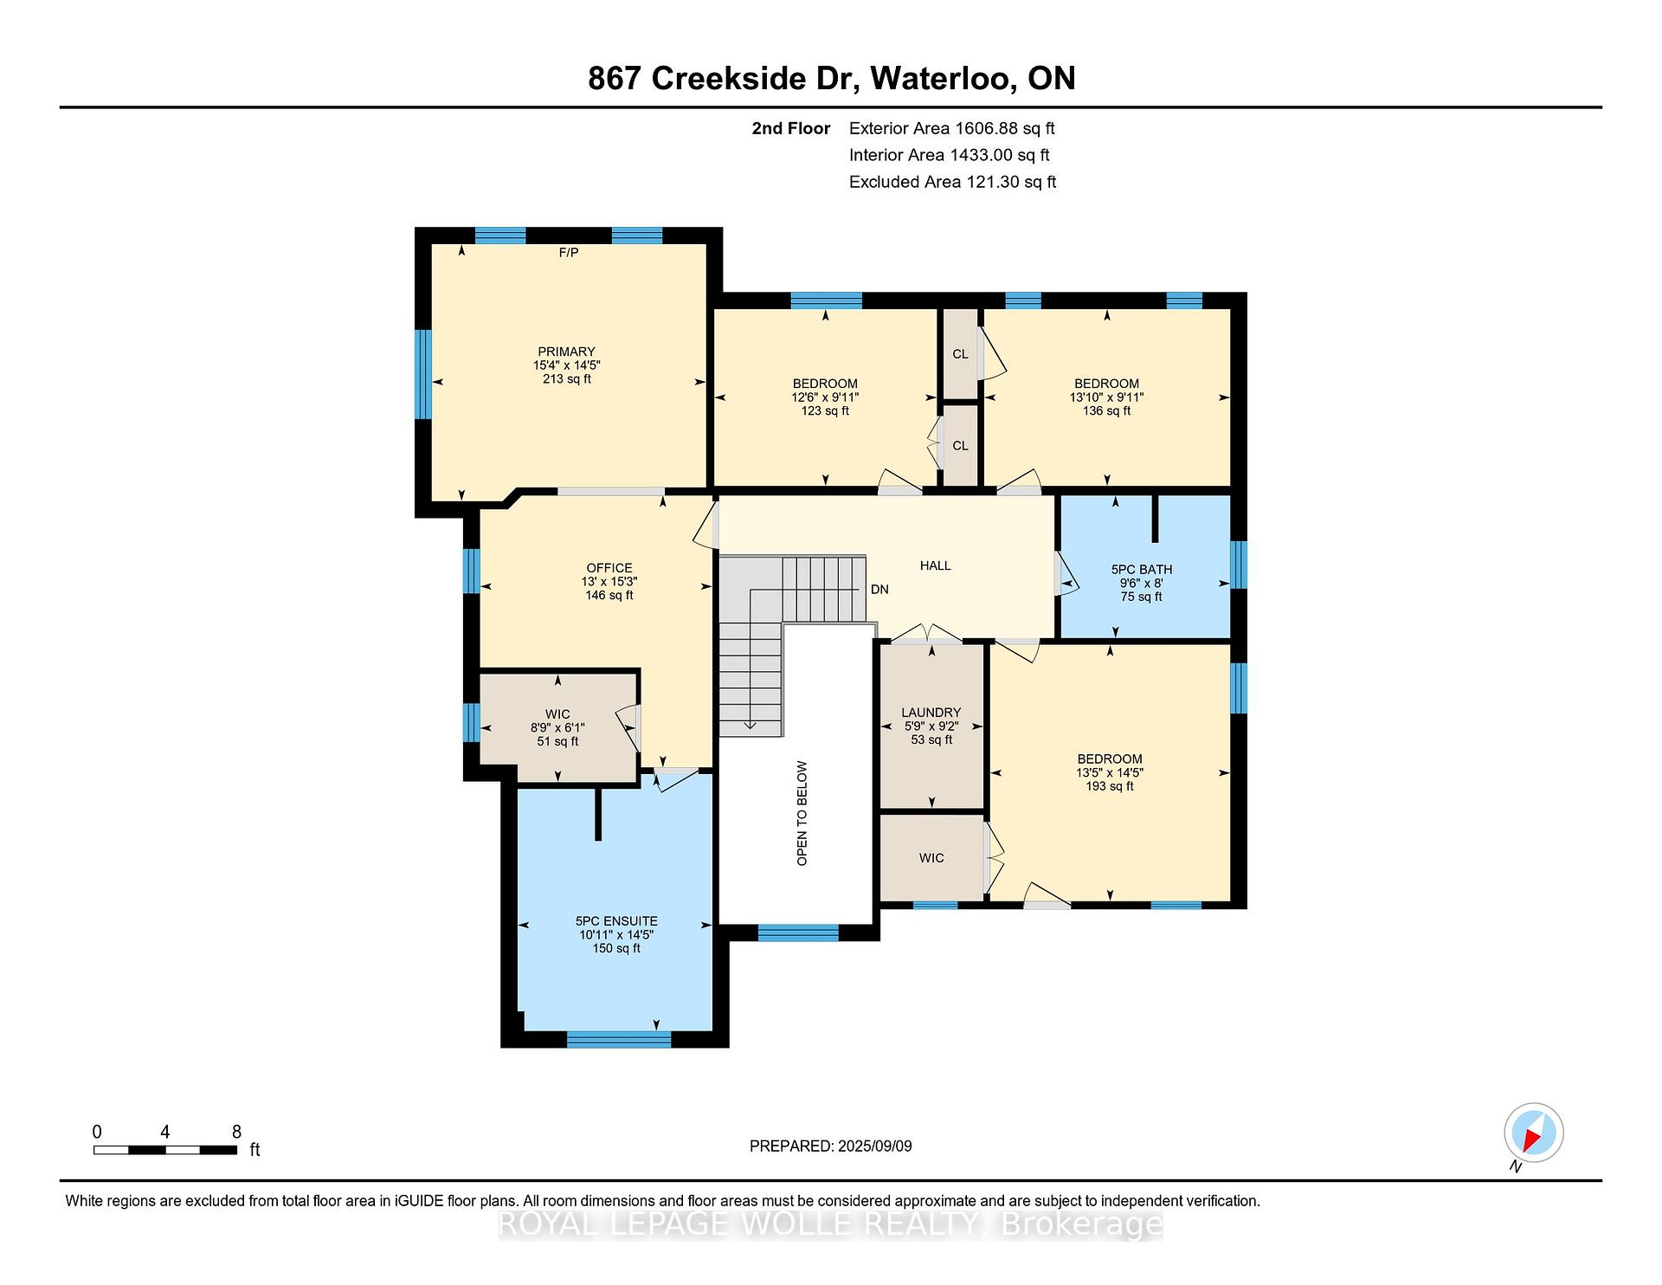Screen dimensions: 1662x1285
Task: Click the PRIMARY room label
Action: [x=566, y=352]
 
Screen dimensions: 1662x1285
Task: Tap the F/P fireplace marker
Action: [x=569, y=253]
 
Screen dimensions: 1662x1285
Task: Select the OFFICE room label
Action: [x=609, y=568]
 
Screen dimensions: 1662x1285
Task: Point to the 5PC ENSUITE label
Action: [x=616, y=921]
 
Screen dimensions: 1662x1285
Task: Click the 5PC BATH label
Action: [x=1142, y=570]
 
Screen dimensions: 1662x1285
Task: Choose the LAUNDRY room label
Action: [x=931, y=713]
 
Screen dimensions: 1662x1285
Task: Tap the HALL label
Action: [x=936, y=565]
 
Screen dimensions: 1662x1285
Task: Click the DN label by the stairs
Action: [x=879, y=590]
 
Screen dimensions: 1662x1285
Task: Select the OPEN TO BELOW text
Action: [x=802, y=813]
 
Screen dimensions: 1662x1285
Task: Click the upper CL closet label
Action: [x=960, y=354]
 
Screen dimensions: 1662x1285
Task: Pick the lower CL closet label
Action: [x=960, y=446]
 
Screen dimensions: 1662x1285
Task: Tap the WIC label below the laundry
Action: [x=931, y=858]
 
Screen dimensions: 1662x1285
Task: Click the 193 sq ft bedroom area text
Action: [x=1110, y=786]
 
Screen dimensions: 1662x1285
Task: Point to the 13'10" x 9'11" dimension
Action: [x=1106, y=397]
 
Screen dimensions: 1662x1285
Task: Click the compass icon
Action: [x=1534, y=1133]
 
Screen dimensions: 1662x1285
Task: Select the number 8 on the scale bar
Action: [x=236, y=1132]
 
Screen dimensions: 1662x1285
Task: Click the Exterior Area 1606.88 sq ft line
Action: [x=952, y=129]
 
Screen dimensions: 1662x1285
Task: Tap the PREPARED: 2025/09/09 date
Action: [x=831, y=1146]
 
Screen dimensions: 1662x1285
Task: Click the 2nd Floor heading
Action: [x=791, y=129]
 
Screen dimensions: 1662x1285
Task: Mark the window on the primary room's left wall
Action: [x=423, y=374]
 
